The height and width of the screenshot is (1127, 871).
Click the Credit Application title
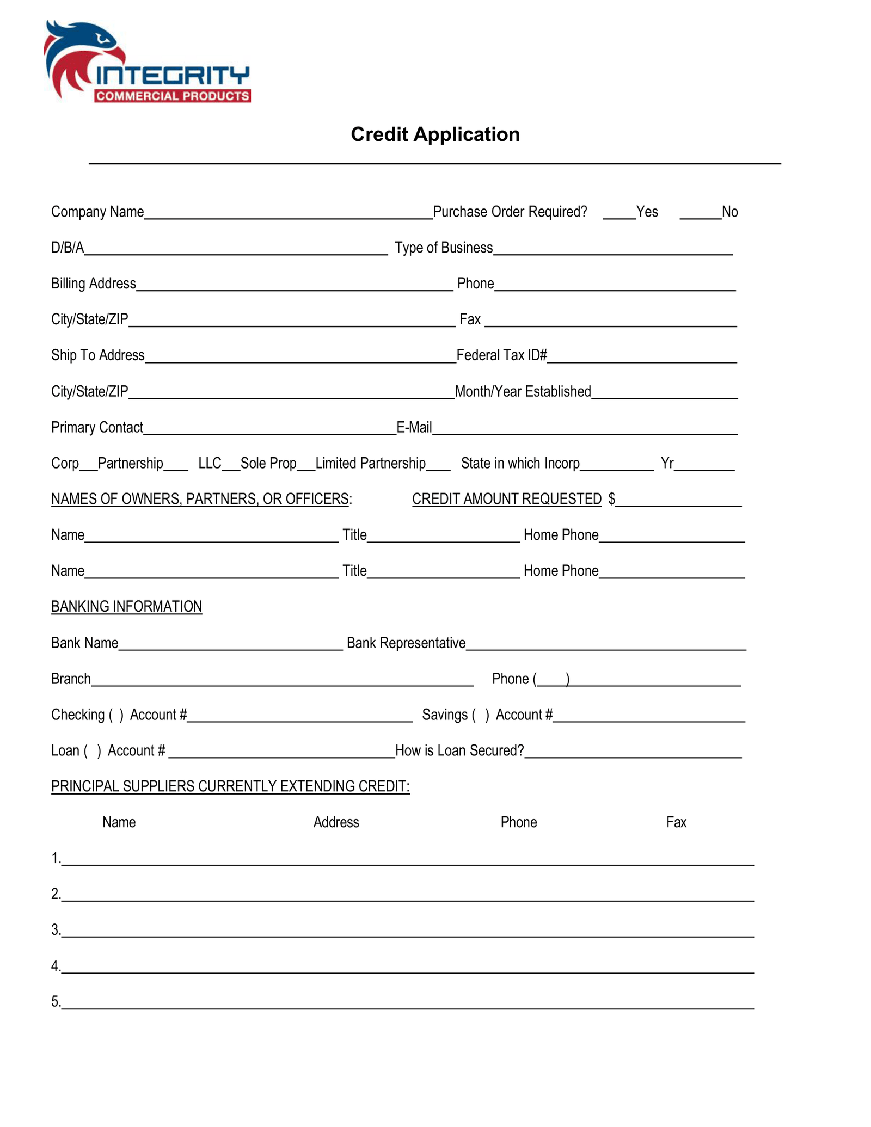435,134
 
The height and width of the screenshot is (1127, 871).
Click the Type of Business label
444,248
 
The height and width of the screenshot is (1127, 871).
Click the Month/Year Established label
523,392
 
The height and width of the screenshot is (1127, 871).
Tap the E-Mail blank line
585,431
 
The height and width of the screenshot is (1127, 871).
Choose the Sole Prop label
268,464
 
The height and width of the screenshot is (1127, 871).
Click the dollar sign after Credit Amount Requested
612,499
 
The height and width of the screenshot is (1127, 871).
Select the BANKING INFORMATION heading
126,607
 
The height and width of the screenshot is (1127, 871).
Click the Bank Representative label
406,643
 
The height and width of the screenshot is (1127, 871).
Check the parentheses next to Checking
116,715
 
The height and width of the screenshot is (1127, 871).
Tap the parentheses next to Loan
92,751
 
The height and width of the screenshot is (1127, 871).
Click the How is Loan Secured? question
459,751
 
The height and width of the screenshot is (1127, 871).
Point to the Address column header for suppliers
336,822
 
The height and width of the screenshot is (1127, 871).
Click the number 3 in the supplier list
56,930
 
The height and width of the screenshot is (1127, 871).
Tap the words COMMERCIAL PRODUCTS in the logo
172,96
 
